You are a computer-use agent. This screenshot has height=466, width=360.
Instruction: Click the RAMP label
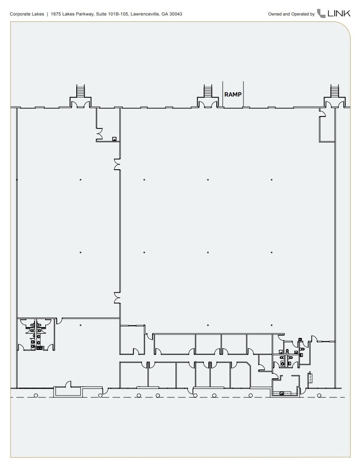pos(233,94)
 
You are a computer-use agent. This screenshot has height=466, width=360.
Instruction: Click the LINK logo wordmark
pos(339,14)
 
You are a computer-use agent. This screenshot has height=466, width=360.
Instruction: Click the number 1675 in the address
pos(56,14)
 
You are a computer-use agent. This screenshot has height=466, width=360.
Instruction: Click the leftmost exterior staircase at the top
pos(81,91)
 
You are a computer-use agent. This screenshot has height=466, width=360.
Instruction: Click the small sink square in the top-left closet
pos(114,139)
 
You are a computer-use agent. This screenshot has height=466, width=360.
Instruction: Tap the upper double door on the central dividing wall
pos(117,165)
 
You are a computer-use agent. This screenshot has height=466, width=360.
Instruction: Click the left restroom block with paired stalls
pos(35,334)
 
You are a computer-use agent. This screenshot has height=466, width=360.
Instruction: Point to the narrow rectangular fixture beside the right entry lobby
pos(310,378)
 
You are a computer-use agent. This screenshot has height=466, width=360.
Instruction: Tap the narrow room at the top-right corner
pos(326,128)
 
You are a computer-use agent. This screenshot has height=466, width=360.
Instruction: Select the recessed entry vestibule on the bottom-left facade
pos(67,390)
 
